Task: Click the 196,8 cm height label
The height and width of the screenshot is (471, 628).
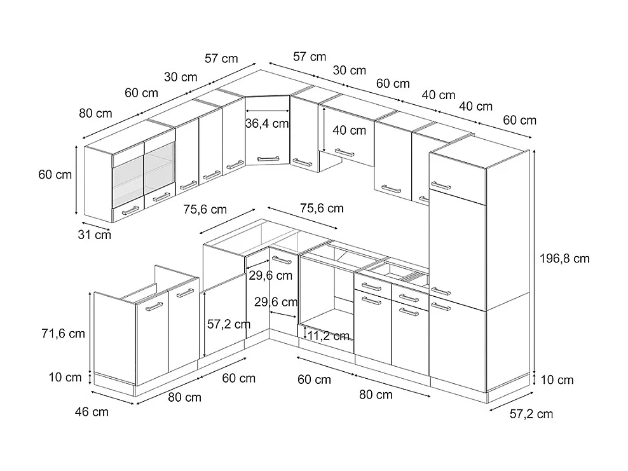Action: [x=564, y=259]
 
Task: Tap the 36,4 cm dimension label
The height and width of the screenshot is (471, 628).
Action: [x=267, y=123]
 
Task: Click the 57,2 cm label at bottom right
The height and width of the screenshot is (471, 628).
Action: [x=531, y=414]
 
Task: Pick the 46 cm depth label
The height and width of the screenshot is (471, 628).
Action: [x=92, y=412]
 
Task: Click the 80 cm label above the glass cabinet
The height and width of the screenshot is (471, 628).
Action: [x=95, y=114]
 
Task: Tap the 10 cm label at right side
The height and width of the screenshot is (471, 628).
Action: [x=557, y=380]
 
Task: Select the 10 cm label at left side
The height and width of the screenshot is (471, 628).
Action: [x=65, y=378]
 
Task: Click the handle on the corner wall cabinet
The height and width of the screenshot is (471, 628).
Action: [x=267, y=156]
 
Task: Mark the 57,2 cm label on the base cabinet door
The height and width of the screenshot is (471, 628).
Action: [x=228, y=324]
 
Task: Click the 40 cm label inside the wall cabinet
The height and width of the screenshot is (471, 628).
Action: [x=350, y=131]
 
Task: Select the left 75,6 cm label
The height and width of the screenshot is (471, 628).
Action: [x=205, y=209]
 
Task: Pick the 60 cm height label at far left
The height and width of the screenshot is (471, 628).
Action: [x=55, y=175]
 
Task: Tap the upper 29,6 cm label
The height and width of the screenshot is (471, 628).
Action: [x=271, y=276]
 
